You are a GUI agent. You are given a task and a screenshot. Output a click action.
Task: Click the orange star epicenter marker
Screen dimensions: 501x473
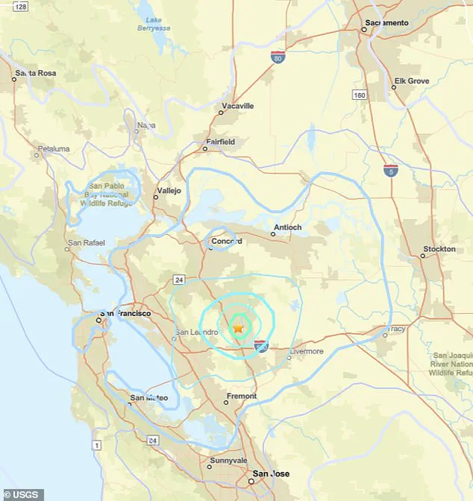239,327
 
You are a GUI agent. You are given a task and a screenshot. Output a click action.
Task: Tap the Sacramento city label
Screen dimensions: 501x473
386,23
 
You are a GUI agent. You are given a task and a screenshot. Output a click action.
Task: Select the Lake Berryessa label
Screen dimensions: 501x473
154,24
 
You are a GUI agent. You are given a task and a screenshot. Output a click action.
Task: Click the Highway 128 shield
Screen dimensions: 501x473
21,7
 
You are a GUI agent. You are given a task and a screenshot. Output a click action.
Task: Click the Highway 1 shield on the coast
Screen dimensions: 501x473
95,445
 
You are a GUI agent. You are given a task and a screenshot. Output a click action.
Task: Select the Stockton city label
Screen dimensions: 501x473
439,249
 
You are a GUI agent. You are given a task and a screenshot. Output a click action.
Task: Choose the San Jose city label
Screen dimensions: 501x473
272,474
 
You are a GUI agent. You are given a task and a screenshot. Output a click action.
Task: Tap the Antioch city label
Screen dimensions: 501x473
287,227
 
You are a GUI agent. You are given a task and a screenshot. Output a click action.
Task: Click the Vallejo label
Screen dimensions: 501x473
168,191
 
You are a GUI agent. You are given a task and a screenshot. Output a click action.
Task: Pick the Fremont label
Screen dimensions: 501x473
241,396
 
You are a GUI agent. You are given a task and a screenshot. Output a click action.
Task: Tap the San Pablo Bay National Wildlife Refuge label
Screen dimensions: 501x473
104,194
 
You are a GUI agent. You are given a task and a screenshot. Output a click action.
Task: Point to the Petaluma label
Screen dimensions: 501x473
53,149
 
